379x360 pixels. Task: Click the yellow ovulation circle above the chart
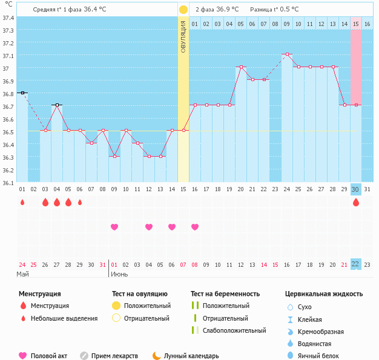(x=183, y=10)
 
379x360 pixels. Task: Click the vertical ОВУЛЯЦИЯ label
(x=183, y=36)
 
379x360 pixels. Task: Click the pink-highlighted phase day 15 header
(x=356, y=24)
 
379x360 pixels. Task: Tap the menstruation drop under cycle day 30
(x=356, y=203)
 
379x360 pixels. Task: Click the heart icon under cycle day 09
(x=114, y=227)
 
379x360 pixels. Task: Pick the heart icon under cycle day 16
(x=195, y=227)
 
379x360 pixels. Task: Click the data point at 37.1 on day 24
(x=287, y=54)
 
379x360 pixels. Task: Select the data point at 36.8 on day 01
(x=22, y=93)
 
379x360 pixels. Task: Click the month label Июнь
(x=119, y=274)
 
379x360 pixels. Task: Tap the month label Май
(x=22, y=274)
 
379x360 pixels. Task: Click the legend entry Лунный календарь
(x=191, y=356)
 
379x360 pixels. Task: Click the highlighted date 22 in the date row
(x=356, y=264)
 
